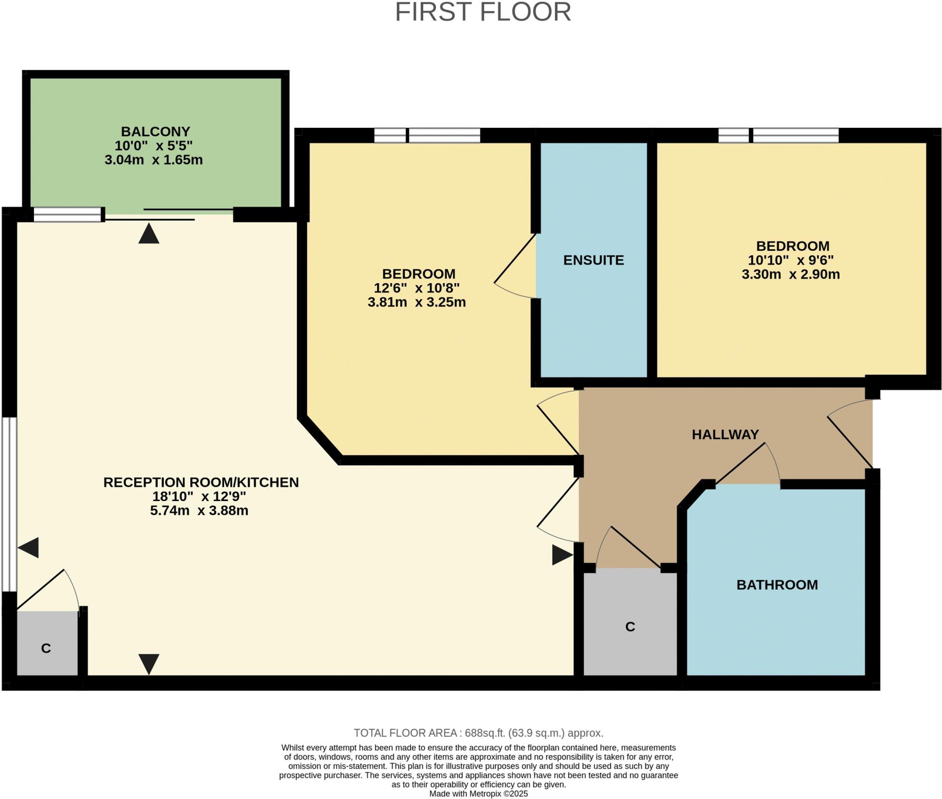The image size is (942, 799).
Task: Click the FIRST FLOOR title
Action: click(x=483, y=12)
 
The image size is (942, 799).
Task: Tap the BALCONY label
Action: click(x=155, y=131)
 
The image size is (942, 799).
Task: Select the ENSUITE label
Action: click(x=593, y=260)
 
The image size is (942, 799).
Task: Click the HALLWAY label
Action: click(x=725, y=434)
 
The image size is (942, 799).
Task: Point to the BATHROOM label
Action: click(x=777, y=585)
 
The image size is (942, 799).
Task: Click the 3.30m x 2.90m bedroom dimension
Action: click(x=790, y=274)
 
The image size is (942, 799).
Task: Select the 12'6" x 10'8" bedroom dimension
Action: click(x=416, y=288)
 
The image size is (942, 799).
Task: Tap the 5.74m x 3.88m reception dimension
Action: click(x=199, y=511)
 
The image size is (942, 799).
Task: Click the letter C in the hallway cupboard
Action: click(x=630, y=627)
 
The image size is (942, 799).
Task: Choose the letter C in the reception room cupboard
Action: click(x=46, y=648)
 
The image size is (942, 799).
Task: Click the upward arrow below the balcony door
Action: click(x=149, y=234)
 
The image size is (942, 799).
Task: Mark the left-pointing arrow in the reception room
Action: click(x=29, y=548)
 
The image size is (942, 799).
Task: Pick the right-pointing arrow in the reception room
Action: click(x=562, y=555)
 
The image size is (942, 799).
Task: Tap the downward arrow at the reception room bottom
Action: click(x=149, y=663)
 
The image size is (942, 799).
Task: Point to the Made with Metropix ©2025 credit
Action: click(x=478, y=794)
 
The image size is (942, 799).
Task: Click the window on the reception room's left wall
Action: click(x=9, y=504)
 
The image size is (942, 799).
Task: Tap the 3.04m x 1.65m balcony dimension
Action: click(x=153, y=160)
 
